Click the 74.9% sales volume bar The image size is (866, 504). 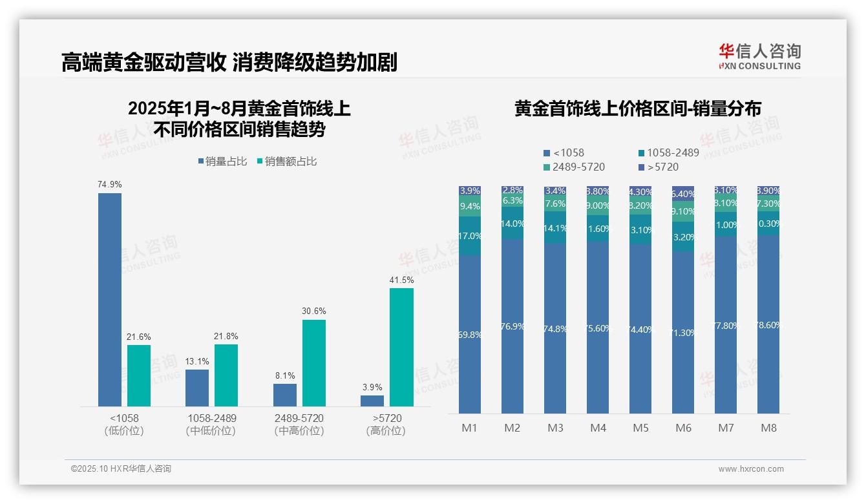[x=110, y=299]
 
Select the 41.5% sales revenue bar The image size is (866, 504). [x=401, y=347]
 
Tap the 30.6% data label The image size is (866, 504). [x=313, y=311]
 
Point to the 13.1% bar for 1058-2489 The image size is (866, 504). [x=197, y=388]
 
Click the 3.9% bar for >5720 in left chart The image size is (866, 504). [x=372, y=401]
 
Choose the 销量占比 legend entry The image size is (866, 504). [x=223, y=162]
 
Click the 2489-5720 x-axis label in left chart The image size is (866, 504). [x=299, y=424]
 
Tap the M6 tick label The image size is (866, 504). [x=683, y=428]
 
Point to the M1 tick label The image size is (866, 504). [x=470, y=428]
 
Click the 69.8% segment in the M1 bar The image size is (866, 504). [x=470, y=334]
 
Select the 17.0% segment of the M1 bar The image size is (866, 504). [x=470, y=236]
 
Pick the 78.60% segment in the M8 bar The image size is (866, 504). [x=768, y=324]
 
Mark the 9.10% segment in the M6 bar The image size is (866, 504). [x=683, y=211]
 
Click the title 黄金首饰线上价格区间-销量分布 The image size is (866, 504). [x=637, y=109]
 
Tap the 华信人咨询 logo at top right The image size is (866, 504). [x=759, y=56]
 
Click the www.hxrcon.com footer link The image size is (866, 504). [x=751, y=469]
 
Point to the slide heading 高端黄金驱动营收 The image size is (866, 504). [x=143, y=63]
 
